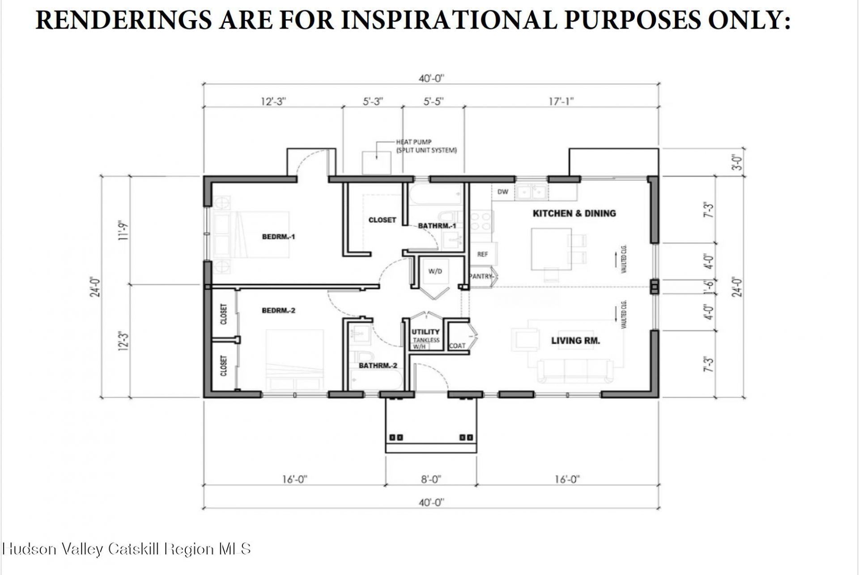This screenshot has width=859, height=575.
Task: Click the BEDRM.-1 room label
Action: tap(278, 237)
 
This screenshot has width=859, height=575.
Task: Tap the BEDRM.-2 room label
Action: tap(278, 310)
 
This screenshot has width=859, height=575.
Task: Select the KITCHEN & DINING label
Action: tap(574, 213)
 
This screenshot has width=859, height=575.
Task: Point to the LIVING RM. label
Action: tap(575, 341)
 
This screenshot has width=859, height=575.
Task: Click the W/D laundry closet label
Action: tap(435, 271)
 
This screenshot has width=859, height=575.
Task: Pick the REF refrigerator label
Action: tap(482, 254)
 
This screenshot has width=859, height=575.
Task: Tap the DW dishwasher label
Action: tap(503, 192)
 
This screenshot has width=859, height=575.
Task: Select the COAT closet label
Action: tap(457, 346)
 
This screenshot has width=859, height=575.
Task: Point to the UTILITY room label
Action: tap(425, 332)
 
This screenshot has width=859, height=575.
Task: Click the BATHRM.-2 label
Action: tap(378, 366)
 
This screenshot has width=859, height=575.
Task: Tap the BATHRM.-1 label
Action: tap(437, 226)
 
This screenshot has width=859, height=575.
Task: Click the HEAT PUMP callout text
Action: tap(426, 146)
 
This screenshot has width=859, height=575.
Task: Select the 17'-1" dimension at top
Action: tap(561, 101)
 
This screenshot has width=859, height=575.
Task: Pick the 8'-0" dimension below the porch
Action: tap(430, 480)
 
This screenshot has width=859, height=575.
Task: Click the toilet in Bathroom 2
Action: tap(364, 358)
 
